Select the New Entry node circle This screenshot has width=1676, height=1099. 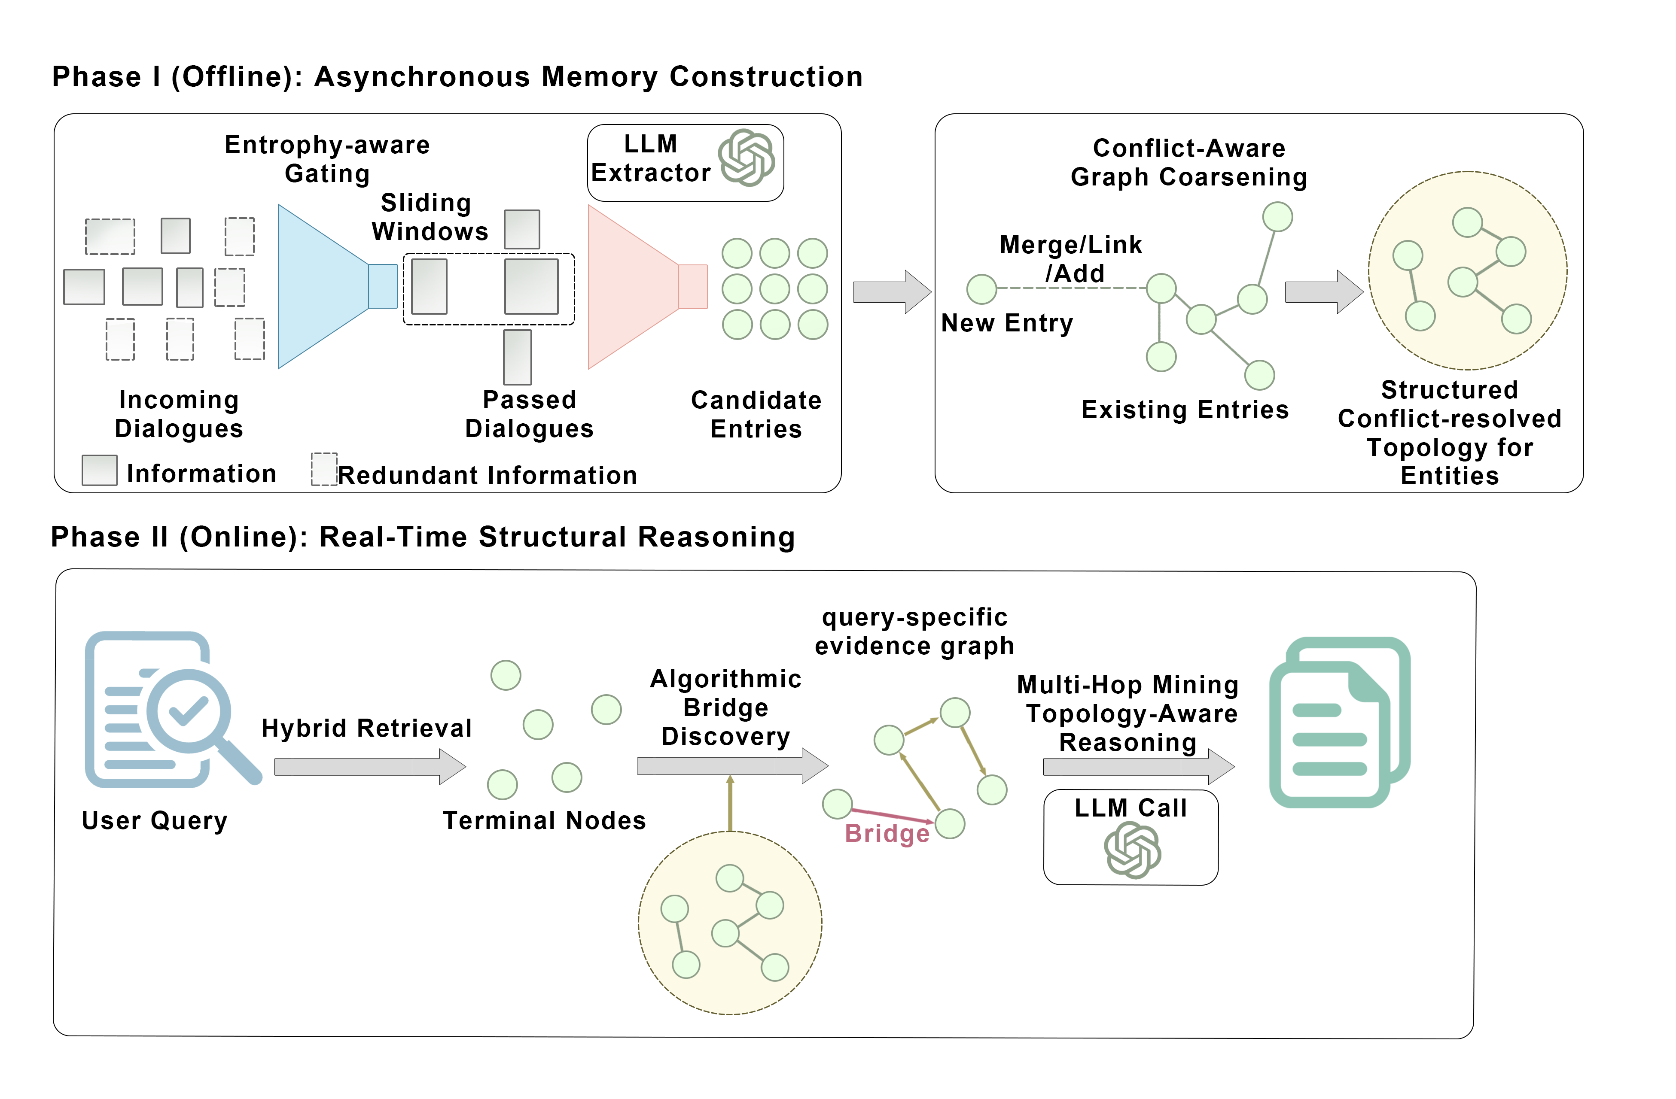tap(981, 288)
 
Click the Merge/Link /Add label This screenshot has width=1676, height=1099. tap(1070, 259)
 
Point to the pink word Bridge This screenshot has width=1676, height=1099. tap(887, 834)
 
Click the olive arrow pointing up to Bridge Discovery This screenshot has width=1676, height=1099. tap(730, 803)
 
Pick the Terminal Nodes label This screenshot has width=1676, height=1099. tap(544, 821)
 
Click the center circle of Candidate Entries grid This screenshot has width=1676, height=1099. tap(774, 288)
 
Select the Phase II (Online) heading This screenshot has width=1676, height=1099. tap(423, 537)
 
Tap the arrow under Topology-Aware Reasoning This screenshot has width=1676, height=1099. tap(1138, 767)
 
